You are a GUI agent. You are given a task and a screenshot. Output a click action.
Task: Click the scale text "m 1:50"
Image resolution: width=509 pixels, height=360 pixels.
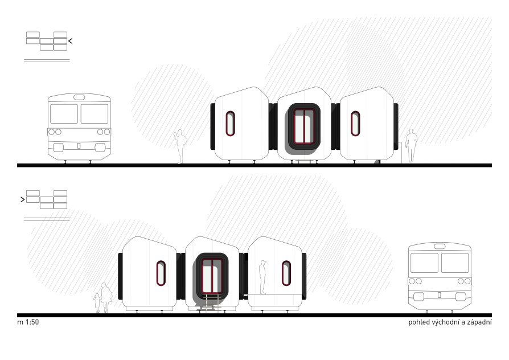(x=28, y=322)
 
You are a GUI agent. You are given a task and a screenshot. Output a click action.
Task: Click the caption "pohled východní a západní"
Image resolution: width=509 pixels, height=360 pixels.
(x=450, y=322)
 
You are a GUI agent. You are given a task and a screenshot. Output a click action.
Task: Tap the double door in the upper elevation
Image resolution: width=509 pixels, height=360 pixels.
(x=304, y=126)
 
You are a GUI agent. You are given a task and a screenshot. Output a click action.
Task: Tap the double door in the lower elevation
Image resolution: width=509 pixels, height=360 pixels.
(x=212, y=276)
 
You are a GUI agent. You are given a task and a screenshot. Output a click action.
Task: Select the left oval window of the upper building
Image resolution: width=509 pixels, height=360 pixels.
(x=230, y=124)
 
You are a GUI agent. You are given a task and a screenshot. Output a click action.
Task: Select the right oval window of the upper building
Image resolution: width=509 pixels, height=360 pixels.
(x=355, y=124)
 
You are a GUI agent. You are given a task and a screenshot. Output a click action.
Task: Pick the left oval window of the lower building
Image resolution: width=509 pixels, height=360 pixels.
(x=161, y=273)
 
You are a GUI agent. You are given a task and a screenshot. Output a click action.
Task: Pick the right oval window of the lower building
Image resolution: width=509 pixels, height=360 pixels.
(x=286, y=273)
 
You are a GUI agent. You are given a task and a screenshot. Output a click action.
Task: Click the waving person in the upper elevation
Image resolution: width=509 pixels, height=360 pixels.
(x=180, y=146)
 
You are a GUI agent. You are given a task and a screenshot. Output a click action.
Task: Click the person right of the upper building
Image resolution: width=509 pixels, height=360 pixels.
(x=411, y=146)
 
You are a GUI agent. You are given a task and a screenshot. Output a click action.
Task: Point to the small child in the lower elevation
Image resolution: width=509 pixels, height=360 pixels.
(x=97, y=304)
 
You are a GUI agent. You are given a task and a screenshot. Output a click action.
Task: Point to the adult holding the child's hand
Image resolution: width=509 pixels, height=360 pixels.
(x=106, y=297)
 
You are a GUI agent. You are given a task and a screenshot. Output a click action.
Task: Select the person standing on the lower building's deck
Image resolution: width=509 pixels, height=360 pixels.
(x=262, y=277)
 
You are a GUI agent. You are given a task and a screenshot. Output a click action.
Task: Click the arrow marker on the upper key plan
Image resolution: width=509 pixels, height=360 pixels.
(x=70, y=41)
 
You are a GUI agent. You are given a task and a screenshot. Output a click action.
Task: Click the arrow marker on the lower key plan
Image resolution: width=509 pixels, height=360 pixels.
(x=22, y=199)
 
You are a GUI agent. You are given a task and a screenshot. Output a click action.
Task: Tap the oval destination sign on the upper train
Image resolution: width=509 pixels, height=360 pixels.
(x=79, y=97)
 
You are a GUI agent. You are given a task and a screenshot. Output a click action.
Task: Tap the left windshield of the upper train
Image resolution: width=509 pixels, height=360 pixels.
(x=64, y=114)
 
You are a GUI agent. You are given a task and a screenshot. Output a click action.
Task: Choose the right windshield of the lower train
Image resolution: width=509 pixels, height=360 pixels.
(x=455, y=263)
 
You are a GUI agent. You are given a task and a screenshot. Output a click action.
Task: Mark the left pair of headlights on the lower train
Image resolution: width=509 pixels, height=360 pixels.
(x=415, y=281)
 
